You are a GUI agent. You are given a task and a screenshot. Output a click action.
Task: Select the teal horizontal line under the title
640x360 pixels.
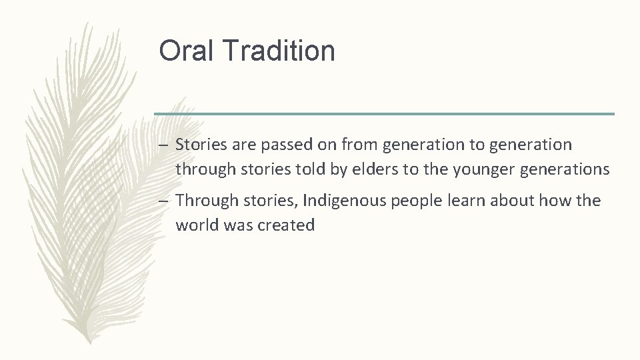pyautogui.click(x=384, y=114)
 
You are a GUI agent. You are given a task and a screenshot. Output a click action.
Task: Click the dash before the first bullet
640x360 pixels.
pyautogui.click(x=163, y=145)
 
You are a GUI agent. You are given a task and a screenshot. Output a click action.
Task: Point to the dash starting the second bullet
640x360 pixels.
pyautogui.click(x=163, y=201)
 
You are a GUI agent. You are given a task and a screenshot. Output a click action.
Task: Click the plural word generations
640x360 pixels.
pyautogui.click(x=565, y=169)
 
